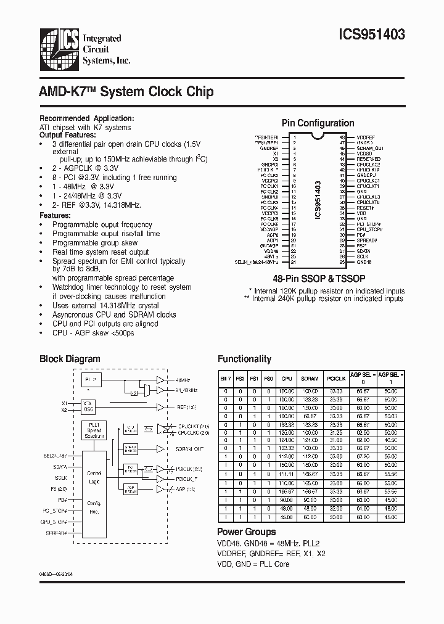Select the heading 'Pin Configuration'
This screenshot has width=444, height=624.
(x=318, y=123)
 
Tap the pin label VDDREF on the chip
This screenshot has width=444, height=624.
(x=365, y=138)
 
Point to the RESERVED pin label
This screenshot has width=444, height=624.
(x=368, y=158)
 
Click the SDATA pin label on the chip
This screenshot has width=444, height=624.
(x=363, y=251)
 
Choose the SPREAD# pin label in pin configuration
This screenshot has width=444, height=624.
(x=367, y=240)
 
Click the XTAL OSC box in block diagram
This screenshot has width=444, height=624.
(x=88, y=405)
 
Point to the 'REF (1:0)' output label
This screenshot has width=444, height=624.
(x=187, y=408)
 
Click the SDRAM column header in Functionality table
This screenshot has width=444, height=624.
(x=309, y=379)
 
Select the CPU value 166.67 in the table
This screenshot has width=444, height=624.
(x=287, y=492)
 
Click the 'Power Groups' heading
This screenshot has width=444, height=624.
(x=246, y=532)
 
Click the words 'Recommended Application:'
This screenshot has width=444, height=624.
(x=86, y=118)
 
